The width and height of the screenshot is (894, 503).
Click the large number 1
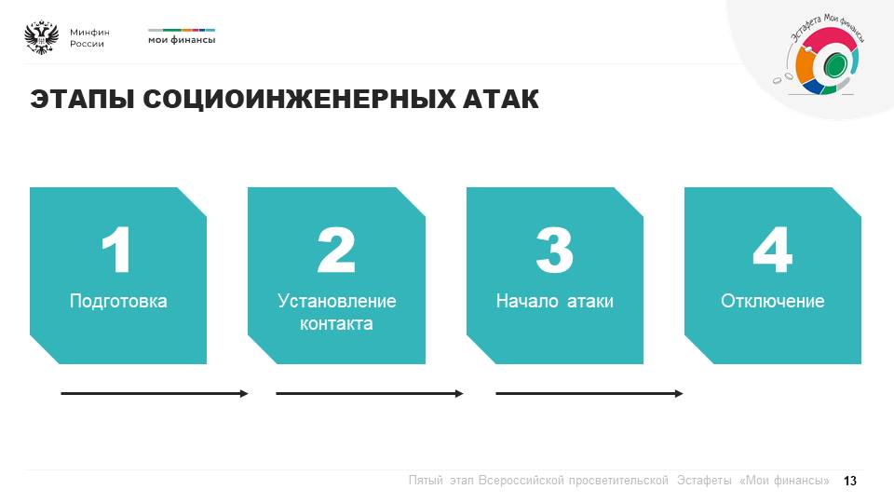tap(117, 250)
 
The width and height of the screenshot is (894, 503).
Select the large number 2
tap(336, 250)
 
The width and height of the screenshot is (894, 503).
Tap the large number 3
tap(555, 250)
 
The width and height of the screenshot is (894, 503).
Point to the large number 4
tap(773, 250)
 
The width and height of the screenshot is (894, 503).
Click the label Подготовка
tap(118, 301)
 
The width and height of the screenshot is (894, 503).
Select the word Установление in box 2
tap(337, 301)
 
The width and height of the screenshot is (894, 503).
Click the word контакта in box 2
tap(336, 324)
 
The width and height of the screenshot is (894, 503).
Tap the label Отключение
tap(773, 301)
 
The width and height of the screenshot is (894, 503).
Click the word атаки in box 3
tap(590, 301)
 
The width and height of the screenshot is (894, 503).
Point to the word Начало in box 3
tap(527, 301)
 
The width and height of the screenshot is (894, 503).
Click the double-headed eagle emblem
tap(42, 37)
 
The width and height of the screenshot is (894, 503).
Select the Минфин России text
tap(89, 37)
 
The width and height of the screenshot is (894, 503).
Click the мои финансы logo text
tap(182, 40)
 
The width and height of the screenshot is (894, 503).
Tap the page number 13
tap(850, 481)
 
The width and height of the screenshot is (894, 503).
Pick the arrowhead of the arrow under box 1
tap(245, 393)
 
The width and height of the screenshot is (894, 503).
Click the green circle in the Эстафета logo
tap(834, 64)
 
